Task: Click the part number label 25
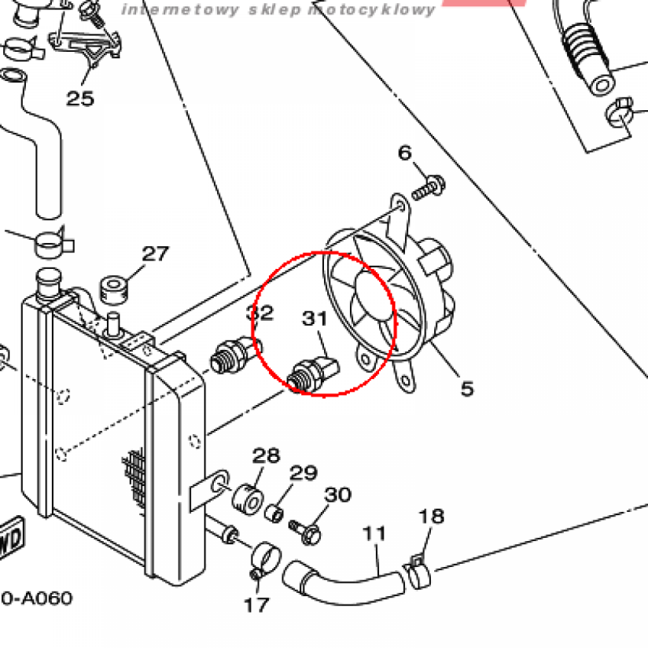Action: click(x=80, y=99)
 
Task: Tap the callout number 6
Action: click(x=405, y=153)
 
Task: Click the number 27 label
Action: click(x=155, y=254)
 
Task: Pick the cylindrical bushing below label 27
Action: click(x=115, y=290)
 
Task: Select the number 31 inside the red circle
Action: click(x=315, y=319)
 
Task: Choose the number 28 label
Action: click(x=266, y=456)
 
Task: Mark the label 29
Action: click(x=303, y=473)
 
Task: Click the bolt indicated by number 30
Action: click(x=306, y=531)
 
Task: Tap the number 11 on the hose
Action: click(x=374, y=533)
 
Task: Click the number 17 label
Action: click(x=256, y=605)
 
